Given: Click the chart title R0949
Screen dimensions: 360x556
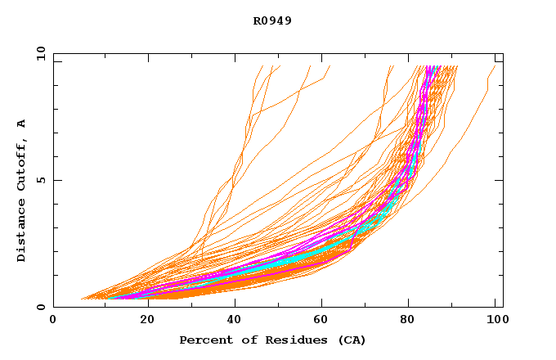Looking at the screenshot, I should coord(272,20).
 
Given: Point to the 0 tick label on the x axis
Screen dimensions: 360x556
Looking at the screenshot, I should coord(53,322).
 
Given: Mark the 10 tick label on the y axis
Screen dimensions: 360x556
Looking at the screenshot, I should coord(41,53).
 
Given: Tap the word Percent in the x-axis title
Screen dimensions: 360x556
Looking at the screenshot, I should coord(202,340).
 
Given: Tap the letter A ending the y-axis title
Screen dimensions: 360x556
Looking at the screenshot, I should coord(22,123).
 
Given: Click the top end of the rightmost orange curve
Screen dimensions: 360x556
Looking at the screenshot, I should coord(495,66).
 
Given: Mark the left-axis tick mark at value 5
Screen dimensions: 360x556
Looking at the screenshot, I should coord(56,180).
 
